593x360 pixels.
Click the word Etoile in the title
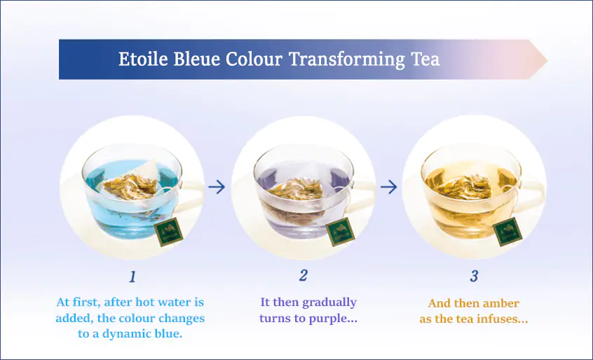(x=142, y=59)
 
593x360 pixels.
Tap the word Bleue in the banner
(x=197, y=59)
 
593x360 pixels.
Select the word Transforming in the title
(x=347, y=60)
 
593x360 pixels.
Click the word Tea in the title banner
(x=425, y=59)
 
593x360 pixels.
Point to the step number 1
(x=132, y=277)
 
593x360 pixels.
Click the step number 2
(x=303, y=276)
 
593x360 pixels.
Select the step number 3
(x=474, y=276)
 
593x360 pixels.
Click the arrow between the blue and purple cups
(x=217, y=186)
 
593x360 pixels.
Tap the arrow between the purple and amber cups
(x=389, y=186)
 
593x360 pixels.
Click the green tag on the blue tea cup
(x=169, y=232)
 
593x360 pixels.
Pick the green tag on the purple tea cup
(x=341, y=232)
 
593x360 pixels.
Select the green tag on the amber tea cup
(x=508, y=232)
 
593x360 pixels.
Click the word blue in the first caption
(x=168, y=333)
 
